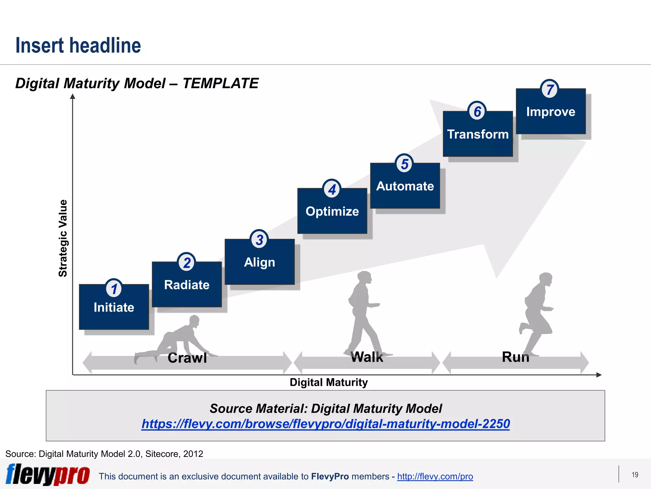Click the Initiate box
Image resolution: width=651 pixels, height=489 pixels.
click(114, 307)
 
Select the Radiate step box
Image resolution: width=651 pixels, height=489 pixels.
click(187, 285)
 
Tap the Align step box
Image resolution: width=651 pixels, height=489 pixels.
click(259, 262)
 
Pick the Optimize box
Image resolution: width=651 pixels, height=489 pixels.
click(332, 211)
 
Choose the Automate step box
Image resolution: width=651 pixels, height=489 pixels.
click(405, 186)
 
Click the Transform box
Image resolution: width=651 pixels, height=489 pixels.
click(478, 134)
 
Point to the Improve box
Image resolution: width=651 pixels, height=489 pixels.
click(551, 112)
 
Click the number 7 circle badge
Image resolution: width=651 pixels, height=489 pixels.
click(550, 89)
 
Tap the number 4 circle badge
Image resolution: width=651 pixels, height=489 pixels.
click(332, 189)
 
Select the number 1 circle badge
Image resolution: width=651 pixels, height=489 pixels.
click(114, 288)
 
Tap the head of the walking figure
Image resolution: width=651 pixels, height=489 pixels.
click(364, 277)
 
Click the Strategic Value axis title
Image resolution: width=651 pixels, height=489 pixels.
click(63, 238)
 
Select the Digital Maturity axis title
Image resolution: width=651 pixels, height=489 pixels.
click(329, 382)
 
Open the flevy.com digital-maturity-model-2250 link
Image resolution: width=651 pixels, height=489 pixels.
click(325, 424)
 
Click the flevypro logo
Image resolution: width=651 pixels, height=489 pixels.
click(48, 475)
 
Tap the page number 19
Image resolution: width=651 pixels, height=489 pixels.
click(635, 475)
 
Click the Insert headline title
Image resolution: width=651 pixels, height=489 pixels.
click(78, 46)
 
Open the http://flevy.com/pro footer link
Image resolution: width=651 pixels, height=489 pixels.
click(435, 477)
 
